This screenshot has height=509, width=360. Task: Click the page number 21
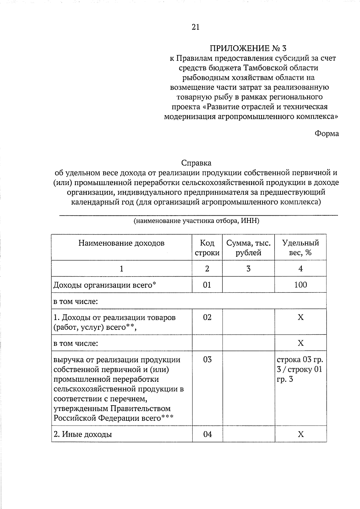click(x=195, y=27)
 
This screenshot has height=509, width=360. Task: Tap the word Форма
click(x=326, y=133)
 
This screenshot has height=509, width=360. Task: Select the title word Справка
click(x=196, y=163)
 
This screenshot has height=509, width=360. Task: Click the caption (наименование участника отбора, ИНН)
click(x=196, y=221)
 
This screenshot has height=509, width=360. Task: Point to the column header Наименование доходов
click(x=121, y=243)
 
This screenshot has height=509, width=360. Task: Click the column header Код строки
click(x=207, y=248)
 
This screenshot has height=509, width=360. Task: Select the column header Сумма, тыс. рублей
click(x=248, y=248)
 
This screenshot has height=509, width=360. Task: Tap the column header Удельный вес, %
click(x=300, y=248)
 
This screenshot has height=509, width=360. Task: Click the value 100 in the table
click(x=300, y=285)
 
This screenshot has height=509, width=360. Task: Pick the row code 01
click(x=207, y=285)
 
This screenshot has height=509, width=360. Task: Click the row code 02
click(x=207, y=317)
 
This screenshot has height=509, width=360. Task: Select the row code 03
click(x=207, y=359)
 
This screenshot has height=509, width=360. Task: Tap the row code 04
click(x=207, y=434)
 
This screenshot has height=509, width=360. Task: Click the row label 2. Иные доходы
click(x=83, y=434)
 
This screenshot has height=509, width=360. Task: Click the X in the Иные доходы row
click(x=301, y=434)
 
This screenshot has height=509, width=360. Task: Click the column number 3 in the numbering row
click(x=248, y=269)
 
